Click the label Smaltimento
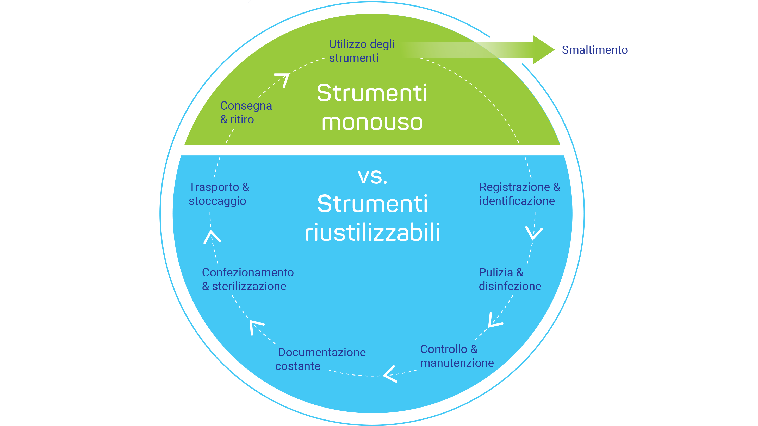595,50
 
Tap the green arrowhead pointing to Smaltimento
543,50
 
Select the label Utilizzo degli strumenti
362,51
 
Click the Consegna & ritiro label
246,112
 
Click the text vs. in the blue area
372,177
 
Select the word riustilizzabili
372,232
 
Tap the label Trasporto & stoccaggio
219,194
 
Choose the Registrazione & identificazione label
520,194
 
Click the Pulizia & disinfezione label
510,279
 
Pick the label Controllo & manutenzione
457,356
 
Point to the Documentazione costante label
320,359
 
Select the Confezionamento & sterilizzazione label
248,279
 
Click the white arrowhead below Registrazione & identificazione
534,234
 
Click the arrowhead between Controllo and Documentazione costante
390,374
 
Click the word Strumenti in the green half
372,93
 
